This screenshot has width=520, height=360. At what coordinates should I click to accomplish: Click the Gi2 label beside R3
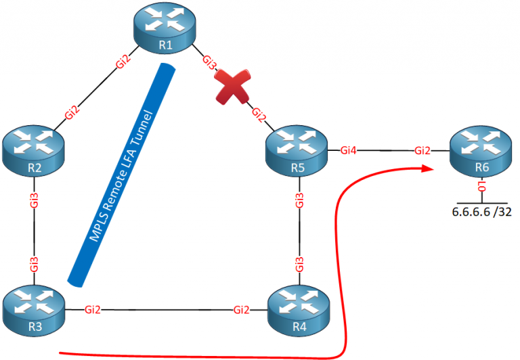pos(93,310)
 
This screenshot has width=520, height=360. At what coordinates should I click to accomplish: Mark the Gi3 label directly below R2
pos(34,200)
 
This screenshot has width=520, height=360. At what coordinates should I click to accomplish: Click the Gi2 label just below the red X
pos(258,114)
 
